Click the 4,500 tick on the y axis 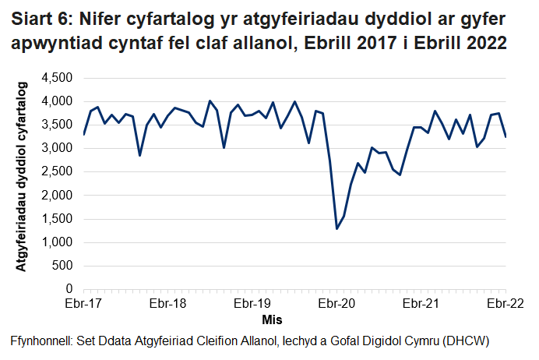pyautogui.click(x=57, y=78)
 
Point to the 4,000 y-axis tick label pyautogui.click(x=57, y=101)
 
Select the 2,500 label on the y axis pyautogui.click(x=57, y=171)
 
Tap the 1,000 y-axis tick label pyautogui.click(x=57, y=242)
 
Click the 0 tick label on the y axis pyautogui.click(x=69, y=289)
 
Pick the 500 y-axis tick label pyautogui.click(x=62, y=266)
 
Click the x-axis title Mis pyautogui.click(x=272, y=319)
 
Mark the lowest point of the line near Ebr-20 pyautogui.click(x=337, y=228)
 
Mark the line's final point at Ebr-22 pyautogui.click(x=506, y=136)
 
